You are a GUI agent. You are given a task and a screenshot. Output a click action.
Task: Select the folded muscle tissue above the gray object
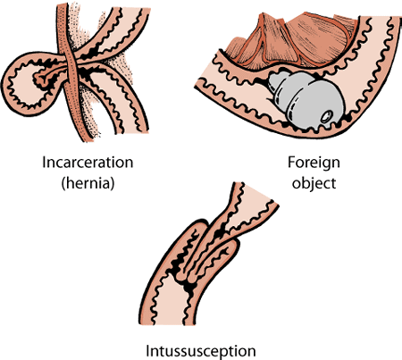[x=268, y=45]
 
